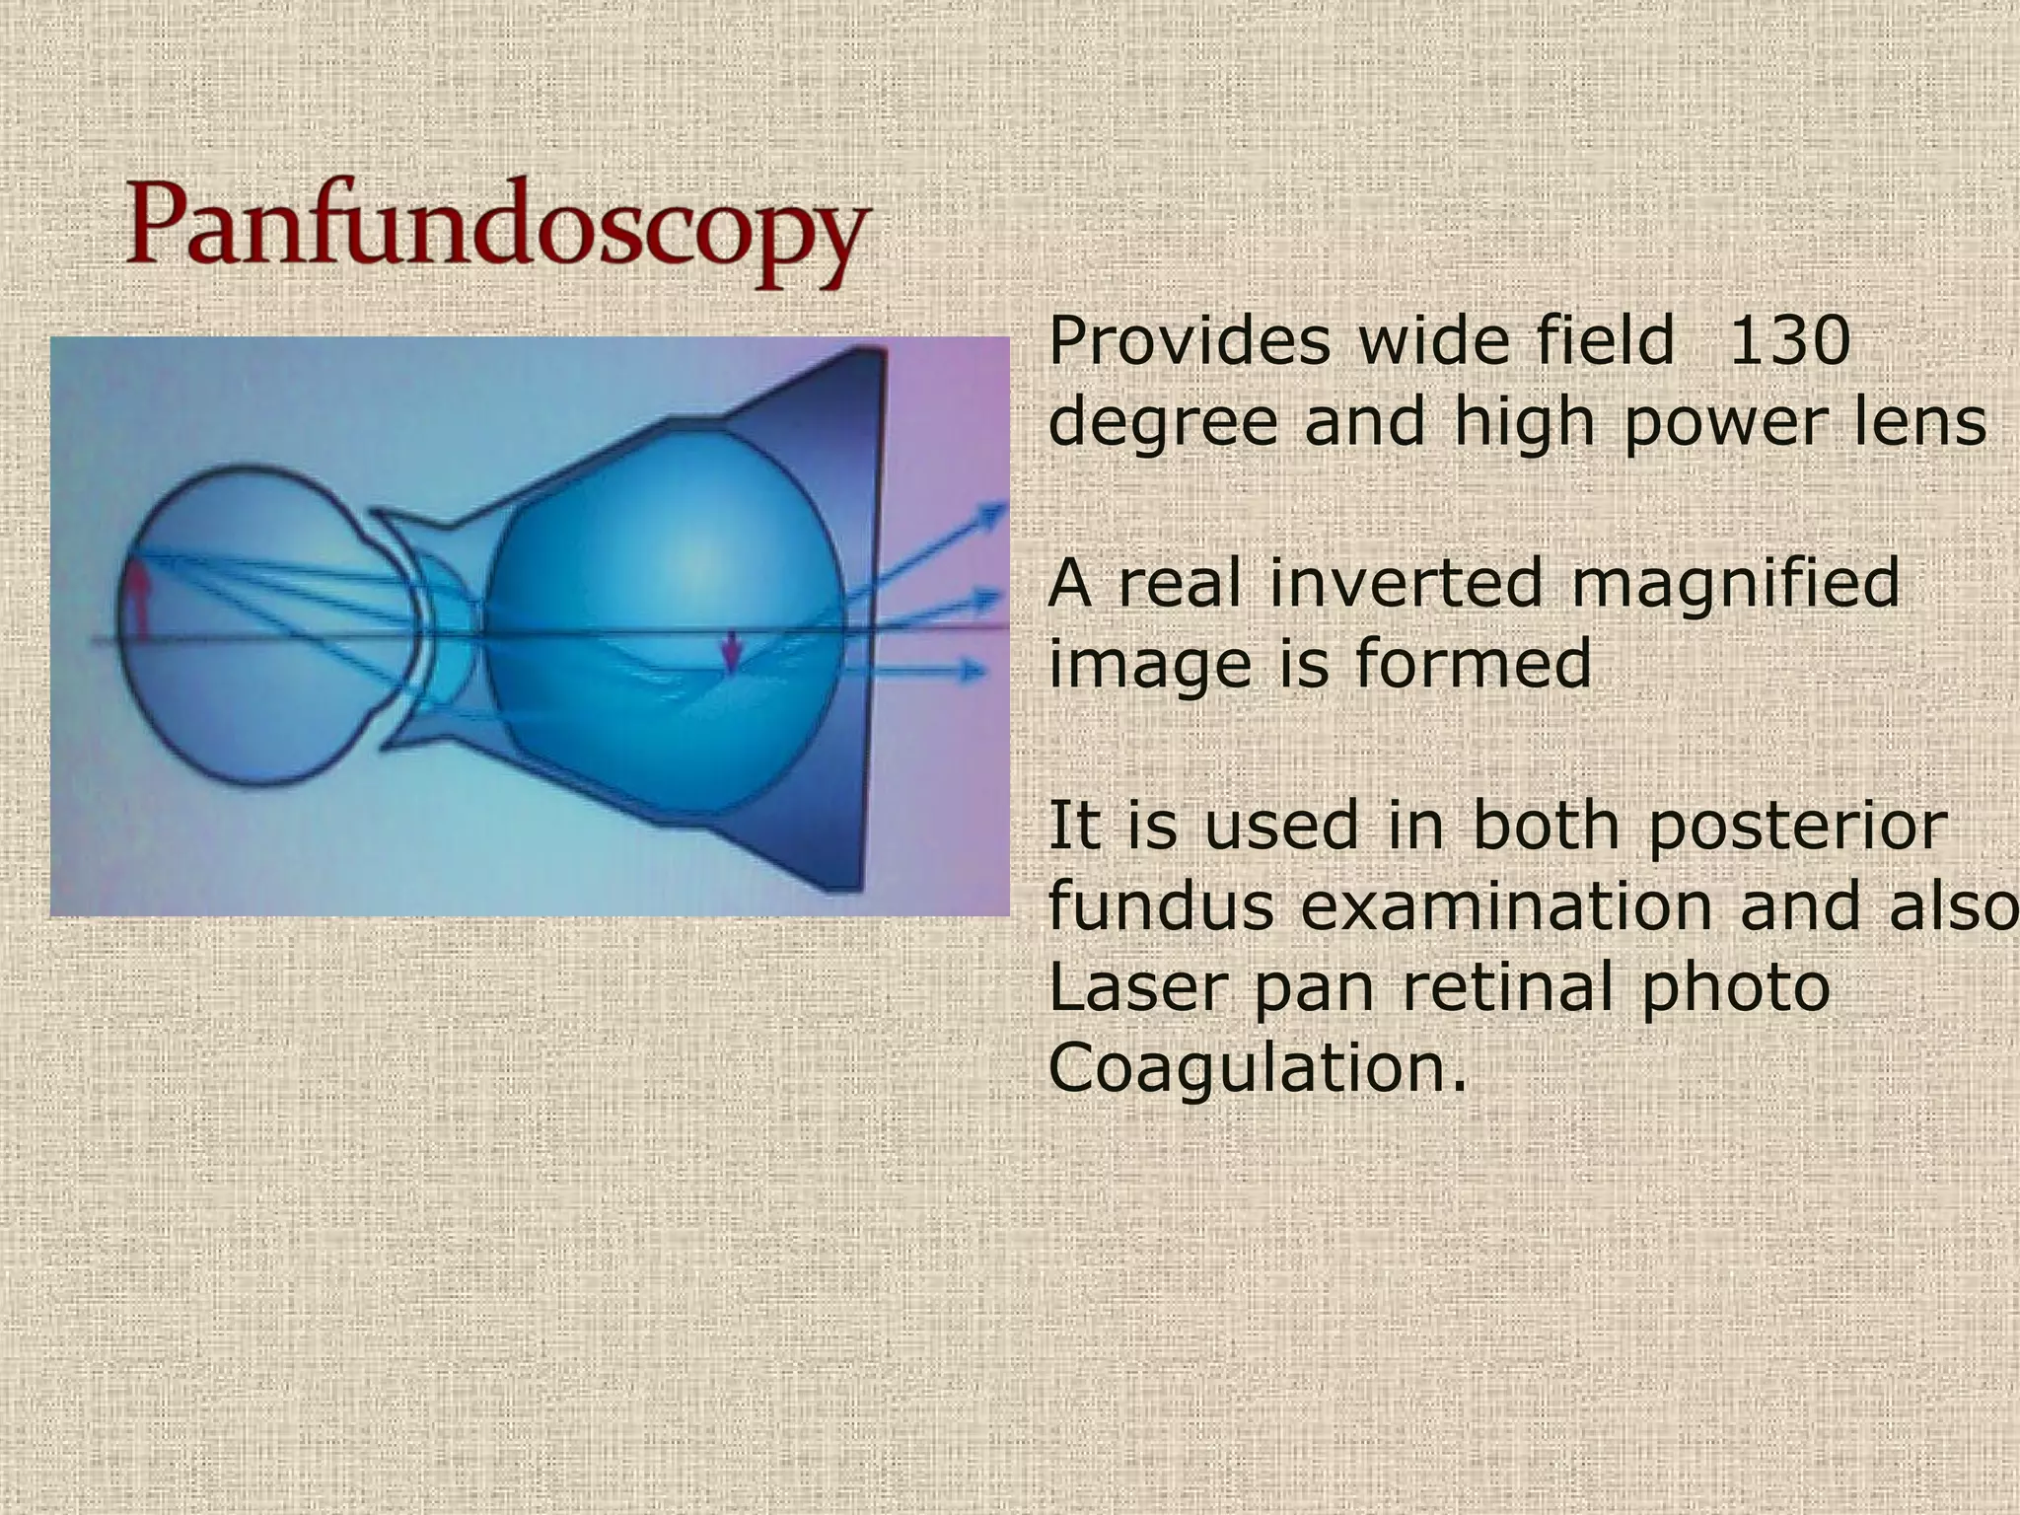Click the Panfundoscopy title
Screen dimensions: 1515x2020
pyautogui.click(x=496, y=233)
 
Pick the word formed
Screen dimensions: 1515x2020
pyautogui.click(x=1474, y=663)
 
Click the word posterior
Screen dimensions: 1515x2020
pyautogui.click(x=1797, y=827)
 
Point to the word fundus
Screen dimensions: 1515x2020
pyautogui.click(x=1160, y=905)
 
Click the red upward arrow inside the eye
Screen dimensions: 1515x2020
pyautogui.click(x=137, y=598)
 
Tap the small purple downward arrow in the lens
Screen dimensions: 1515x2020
pyautogui.click(x=731, y=652)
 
